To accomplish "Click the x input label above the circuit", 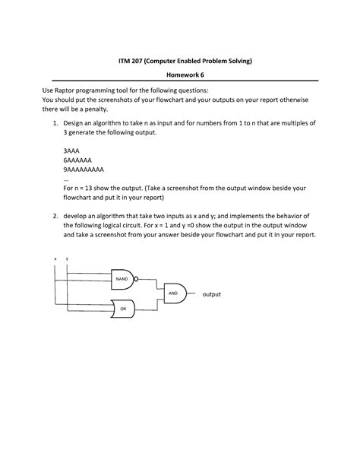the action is point(55,258).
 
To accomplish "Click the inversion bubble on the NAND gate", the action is point(136,279).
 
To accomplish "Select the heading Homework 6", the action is point(180,74).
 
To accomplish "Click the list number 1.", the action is point(55,122).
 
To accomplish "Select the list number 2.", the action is point(55,215).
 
